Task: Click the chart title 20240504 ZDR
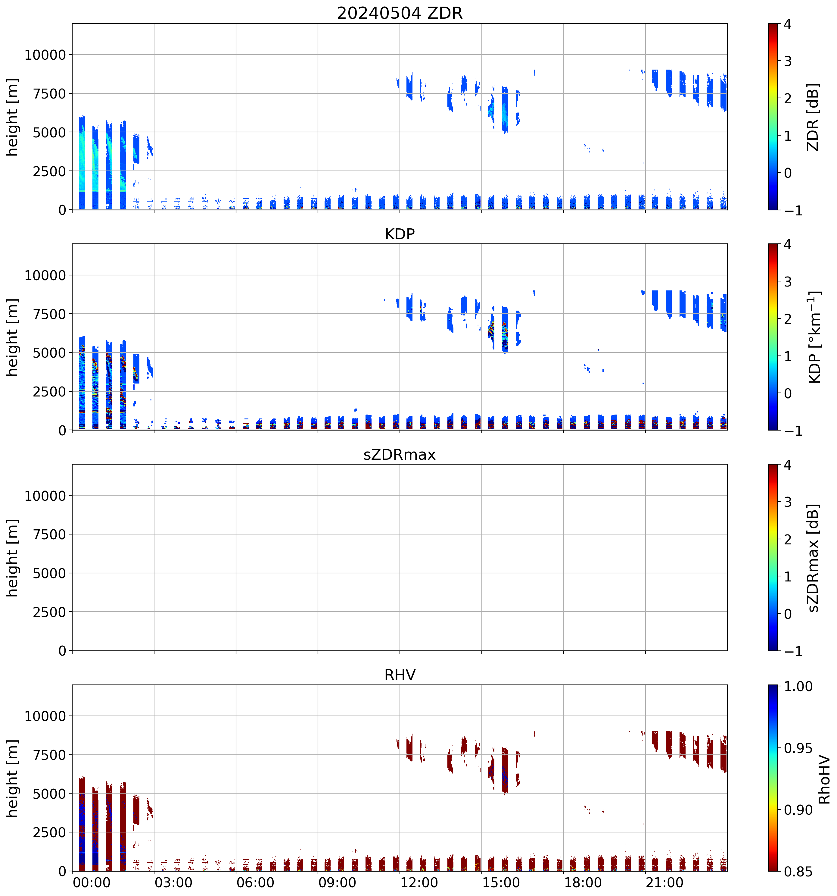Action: point(400,13)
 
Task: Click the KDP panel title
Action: point(400,234)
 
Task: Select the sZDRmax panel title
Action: point(400,454)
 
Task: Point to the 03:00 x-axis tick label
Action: point(173,882)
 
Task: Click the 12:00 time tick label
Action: point(419,882)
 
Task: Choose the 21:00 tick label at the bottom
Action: point(664,882)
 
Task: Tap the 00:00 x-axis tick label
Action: point(92,882)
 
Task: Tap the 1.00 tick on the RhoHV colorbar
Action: point(798,686)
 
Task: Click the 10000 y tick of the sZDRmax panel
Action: point(45,496)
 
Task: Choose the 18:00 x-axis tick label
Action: point(583,882)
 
